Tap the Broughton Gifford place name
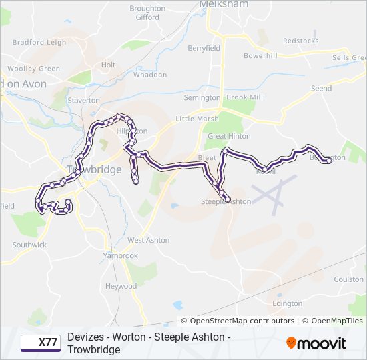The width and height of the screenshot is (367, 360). [148, 13]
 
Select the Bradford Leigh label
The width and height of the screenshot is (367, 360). [39, 42]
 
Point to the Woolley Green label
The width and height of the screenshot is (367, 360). [34, 69]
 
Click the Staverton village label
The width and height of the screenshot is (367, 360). [83, 100]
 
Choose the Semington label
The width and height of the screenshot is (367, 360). [202, 97]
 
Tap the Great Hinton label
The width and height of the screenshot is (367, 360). [229, 136]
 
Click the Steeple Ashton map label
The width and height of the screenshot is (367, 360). [226, 201]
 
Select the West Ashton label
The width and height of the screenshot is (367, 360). [148, 240]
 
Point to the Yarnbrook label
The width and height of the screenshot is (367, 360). [120, 255]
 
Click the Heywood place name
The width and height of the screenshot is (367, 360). [121, 286]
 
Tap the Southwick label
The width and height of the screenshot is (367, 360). [29, 245]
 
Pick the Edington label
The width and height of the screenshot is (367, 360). [287, 303]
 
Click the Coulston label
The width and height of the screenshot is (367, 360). [348, 279]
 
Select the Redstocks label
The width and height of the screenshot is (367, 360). [300, 41]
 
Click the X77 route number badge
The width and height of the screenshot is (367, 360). [40, 343]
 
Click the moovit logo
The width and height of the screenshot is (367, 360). [316, 343]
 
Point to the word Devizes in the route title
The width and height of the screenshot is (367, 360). [85, 337]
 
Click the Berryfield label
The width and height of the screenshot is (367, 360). [204, 48]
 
